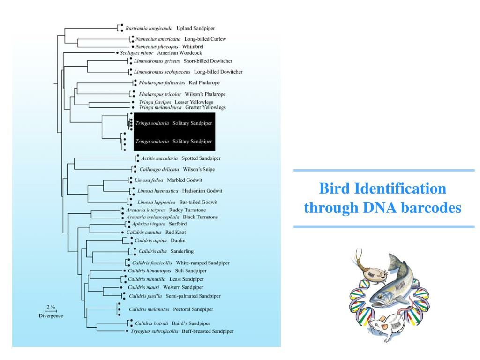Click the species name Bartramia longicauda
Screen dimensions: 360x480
149,28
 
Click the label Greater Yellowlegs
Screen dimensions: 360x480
205,107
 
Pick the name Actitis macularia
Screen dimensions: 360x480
156,158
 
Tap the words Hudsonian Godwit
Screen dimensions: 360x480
202,191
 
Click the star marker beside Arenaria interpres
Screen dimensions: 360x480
123,209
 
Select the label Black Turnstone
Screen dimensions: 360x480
200,217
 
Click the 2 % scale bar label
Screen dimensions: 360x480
50,307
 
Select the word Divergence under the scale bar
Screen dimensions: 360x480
51,316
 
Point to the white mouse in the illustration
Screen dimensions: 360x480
384,325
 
